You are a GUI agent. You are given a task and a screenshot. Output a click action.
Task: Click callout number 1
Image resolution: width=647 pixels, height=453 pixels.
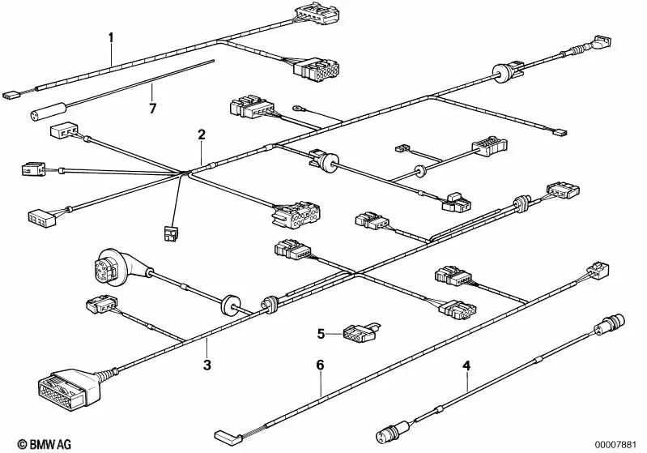[111, 37]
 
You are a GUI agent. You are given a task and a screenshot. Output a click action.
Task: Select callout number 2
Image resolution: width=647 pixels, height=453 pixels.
[202, 135]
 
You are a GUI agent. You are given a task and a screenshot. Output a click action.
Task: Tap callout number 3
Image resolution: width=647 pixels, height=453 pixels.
[207, 365]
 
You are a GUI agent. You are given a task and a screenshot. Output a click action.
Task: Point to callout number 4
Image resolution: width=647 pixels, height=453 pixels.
[466, 365]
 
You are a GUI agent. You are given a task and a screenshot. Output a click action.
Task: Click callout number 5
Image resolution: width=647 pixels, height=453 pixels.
[321, 334]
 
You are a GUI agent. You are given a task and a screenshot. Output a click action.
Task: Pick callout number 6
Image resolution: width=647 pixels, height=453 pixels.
[320, 365]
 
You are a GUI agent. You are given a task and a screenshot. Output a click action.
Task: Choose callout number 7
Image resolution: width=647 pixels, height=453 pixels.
[153, 109]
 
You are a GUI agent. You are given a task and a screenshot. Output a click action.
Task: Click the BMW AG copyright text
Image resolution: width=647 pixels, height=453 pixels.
[45, 444]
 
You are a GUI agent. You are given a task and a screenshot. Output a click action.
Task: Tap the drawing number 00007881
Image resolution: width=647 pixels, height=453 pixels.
[615, 445]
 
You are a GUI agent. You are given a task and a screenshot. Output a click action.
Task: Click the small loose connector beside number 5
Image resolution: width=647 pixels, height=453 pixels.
[360, 331]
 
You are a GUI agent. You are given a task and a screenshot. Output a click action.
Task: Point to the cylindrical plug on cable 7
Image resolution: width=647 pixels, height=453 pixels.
[49, 112]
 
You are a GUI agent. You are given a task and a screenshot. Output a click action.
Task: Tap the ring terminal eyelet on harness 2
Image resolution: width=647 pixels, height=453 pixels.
[297, 109]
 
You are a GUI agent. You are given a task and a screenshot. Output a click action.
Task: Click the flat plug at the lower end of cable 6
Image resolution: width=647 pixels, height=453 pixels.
[228, 438]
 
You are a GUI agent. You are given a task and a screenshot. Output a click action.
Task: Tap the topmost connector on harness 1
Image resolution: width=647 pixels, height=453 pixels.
[317, 13]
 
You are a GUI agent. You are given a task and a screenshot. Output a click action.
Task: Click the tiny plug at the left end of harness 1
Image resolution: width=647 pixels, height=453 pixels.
[11, 96]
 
